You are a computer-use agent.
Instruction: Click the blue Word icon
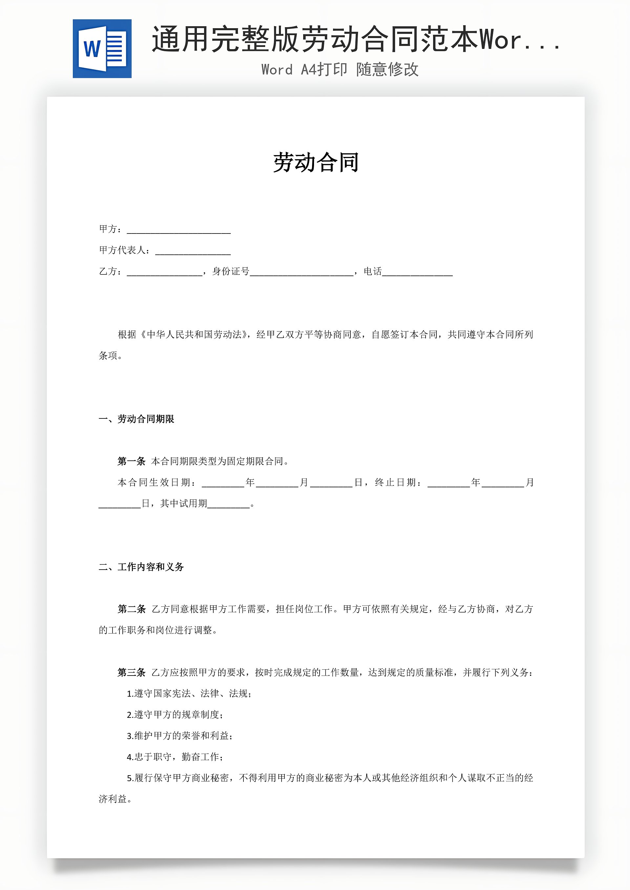[102, 49]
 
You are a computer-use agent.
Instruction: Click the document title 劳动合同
[316, 162]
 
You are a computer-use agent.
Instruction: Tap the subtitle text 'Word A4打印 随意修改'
[340, 70]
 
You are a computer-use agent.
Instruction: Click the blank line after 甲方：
[179, 230]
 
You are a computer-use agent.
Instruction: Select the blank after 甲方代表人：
[193, 251]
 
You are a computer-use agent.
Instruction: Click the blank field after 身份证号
[302, 272]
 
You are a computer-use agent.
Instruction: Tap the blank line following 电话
[417, 272]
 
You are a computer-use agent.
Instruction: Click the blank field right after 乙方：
[164, 272]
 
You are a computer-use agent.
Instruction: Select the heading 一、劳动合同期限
[136, 419]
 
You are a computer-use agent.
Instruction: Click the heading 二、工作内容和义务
[141, 567]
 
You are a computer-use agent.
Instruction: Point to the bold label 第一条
[131, 461]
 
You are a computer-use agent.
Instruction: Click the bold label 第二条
[132, 609]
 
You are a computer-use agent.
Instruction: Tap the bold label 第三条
[132, 673]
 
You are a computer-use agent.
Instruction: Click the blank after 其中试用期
[228, 504]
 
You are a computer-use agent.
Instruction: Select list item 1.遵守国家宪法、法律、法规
[189, 694]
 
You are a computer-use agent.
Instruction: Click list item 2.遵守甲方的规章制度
[175, 715]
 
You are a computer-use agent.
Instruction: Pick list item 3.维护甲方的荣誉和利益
[179, 736]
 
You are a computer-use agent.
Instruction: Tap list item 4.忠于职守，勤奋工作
[175, 757]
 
